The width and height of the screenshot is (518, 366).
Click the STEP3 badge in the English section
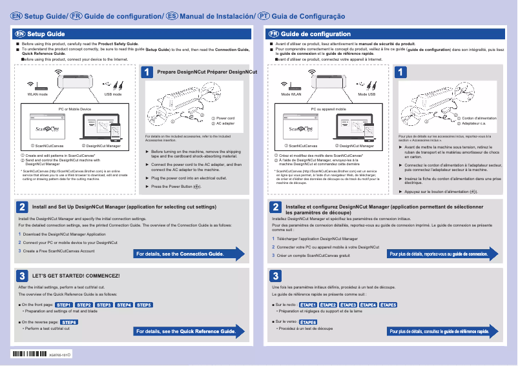tap(104, 305)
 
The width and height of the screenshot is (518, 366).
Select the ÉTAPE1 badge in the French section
tap(307, 305)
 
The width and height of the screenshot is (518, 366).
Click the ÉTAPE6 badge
tap(308, 321)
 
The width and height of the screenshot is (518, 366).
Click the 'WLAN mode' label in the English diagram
tap(37, 94)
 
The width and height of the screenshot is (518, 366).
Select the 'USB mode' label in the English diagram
tap(113, 94)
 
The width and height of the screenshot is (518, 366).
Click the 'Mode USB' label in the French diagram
tap(367, 94)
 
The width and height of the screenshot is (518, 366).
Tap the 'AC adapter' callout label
tap(225, 123)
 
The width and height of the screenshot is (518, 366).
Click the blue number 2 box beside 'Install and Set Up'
tap(22, 207)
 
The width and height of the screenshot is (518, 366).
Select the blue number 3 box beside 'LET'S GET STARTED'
tap(22, 276)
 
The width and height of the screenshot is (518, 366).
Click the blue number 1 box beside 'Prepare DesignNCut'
tap(148, 73)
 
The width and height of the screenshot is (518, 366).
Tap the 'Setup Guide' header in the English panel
tap(45, 34)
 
